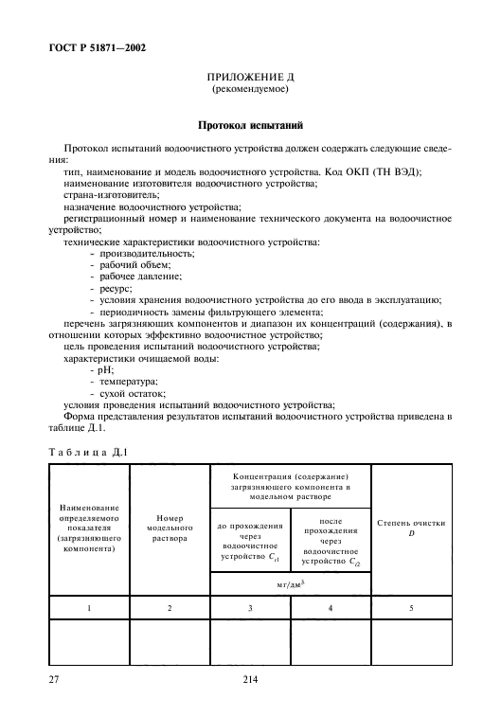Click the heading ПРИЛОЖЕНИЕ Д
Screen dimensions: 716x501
(249, 81)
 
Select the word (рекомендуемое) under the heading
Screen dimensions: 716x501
(249, 92)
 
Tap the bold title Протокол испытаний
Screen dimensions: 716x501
(250, 124)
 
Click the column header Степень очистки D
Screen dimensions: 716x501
(411, 528)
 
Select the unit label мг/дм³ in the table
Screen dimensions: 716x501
(290, 581)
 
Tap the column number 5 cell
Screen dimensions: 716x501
(411, 608)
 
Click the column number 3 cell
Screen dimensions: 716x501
(249, 608)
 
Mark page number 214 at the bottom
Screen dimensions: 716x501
(250, 678)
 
